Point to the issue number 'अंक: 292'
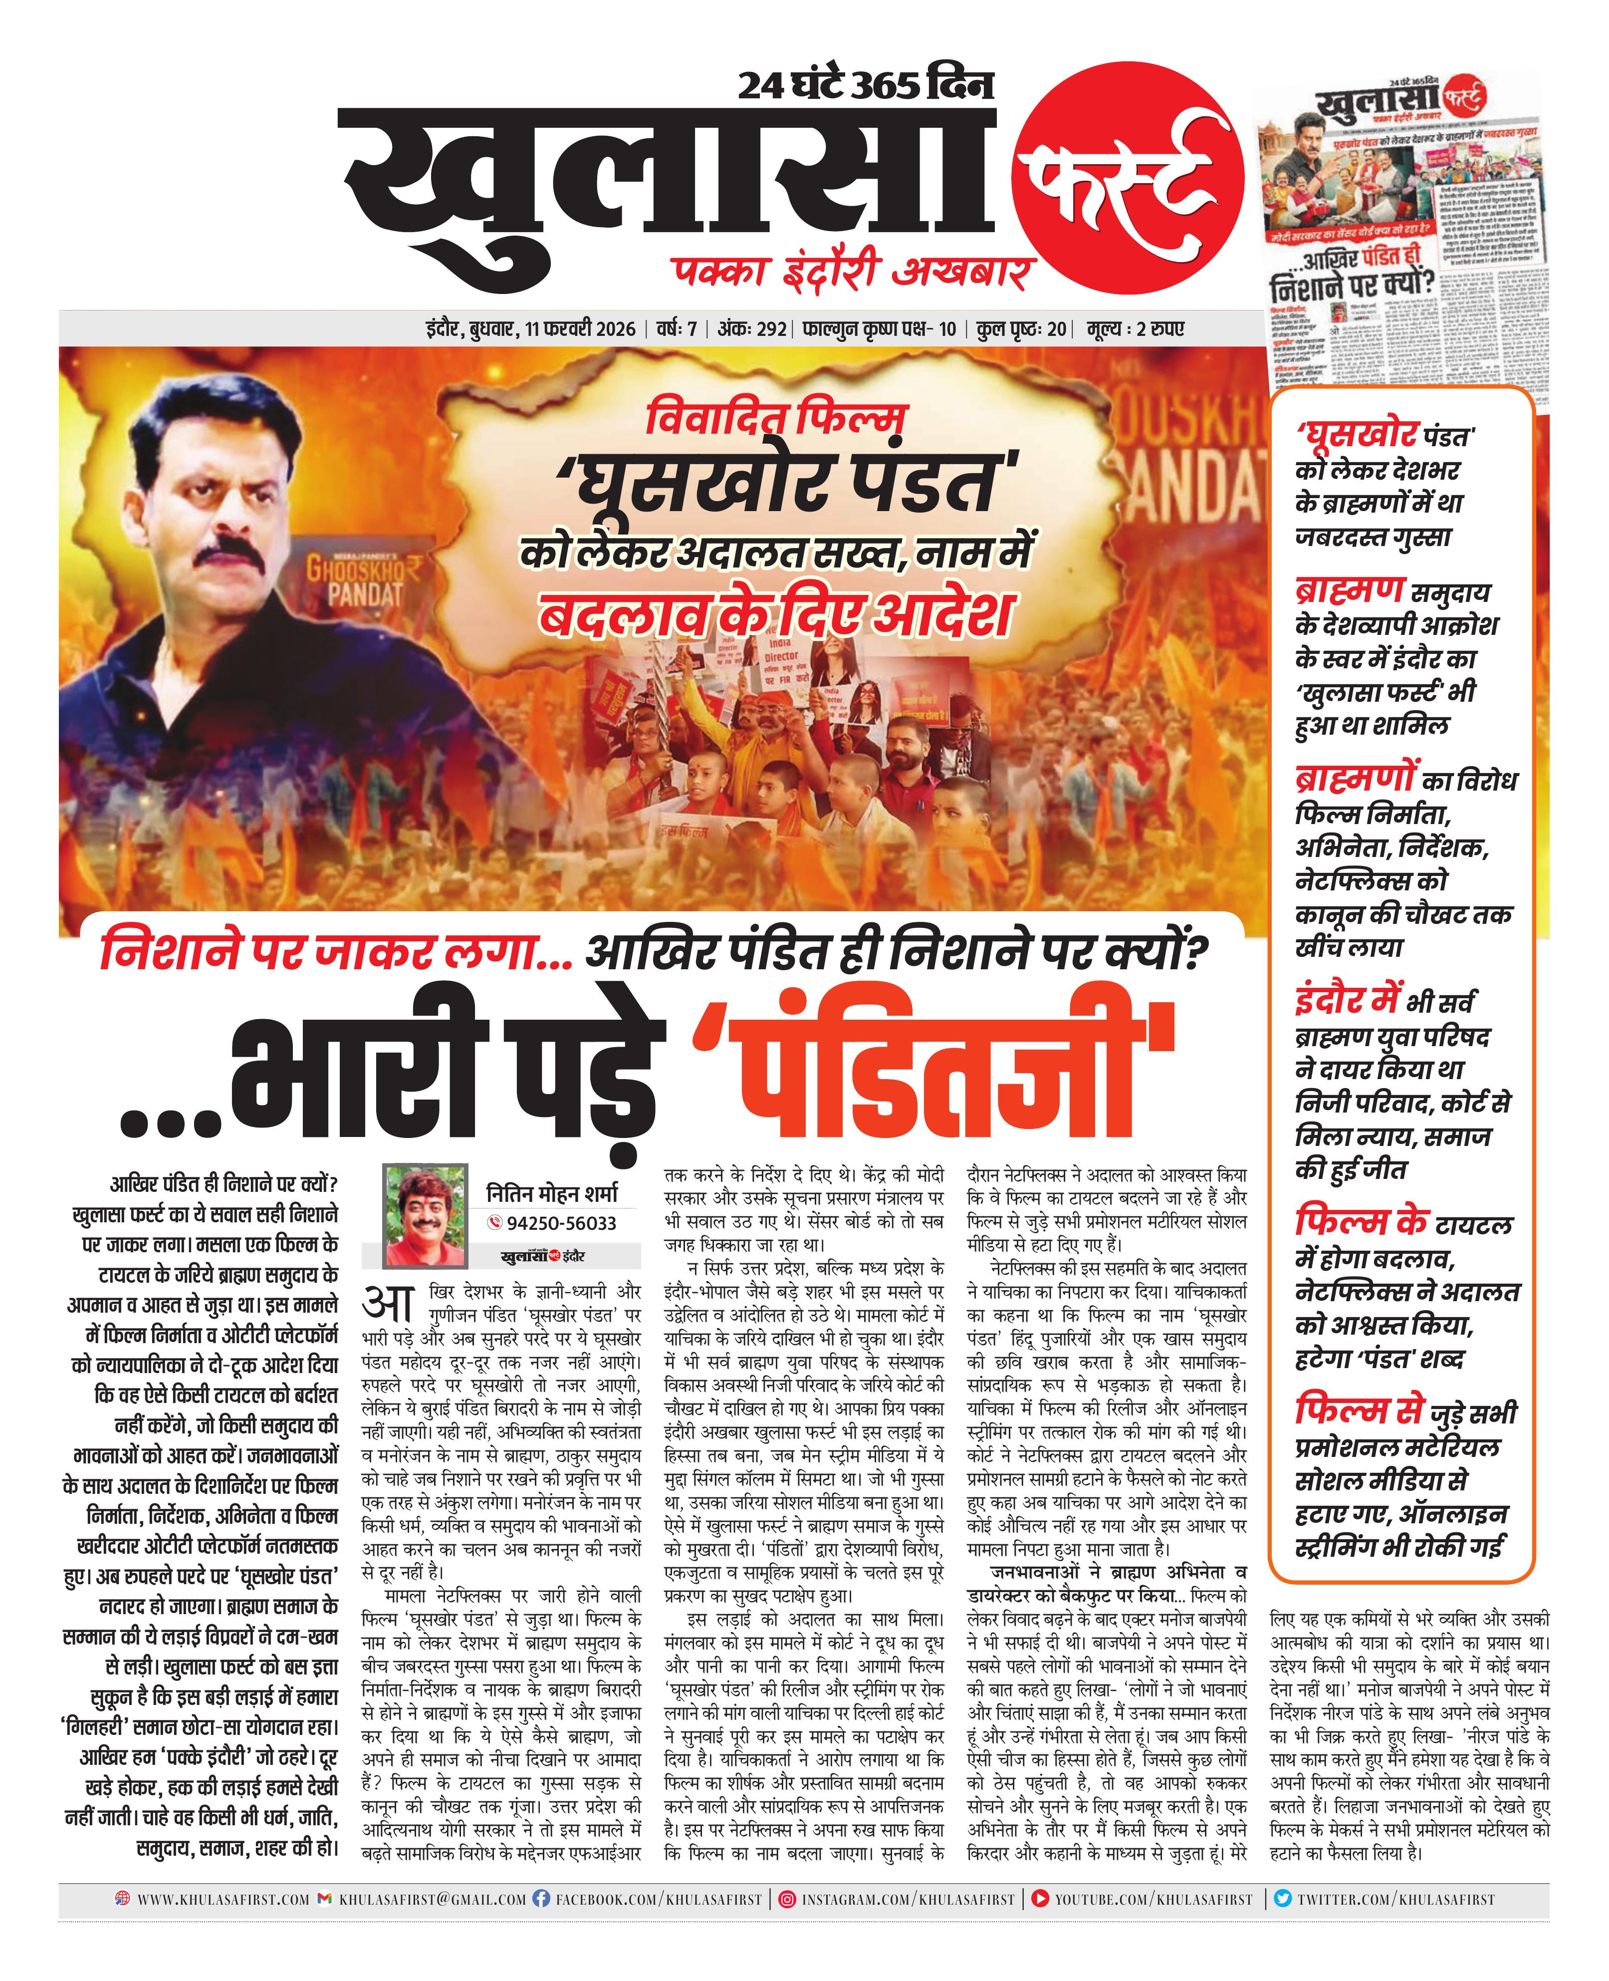click(x=752, y=329)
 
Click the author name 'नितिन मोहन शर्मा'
click(x=551, y=1193)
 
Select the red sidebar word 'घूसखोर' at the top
click(x=1358, y=433)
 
